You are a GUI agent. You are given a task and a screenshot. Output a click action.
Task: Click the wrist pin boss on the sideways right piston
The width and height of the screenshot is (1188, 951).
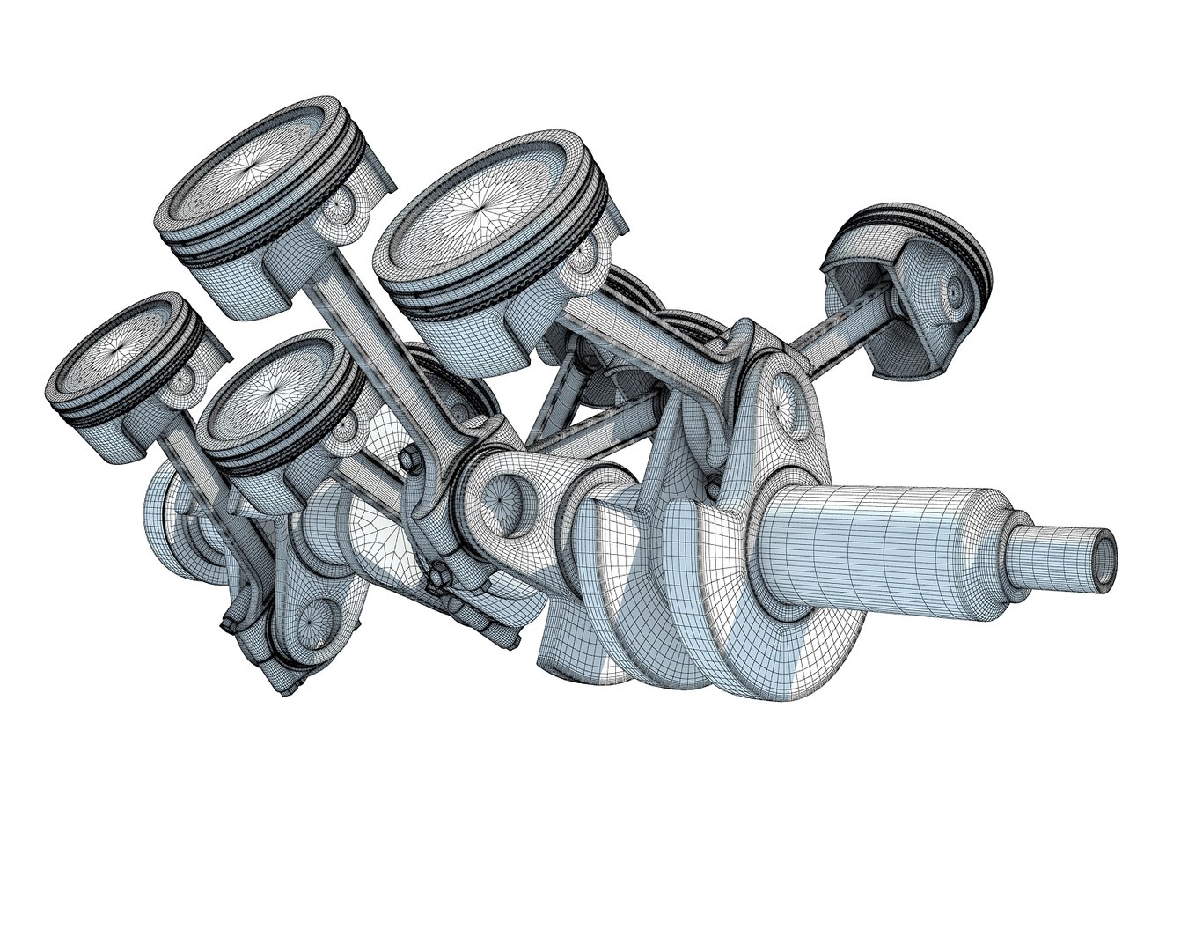(x=956, y=287)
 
